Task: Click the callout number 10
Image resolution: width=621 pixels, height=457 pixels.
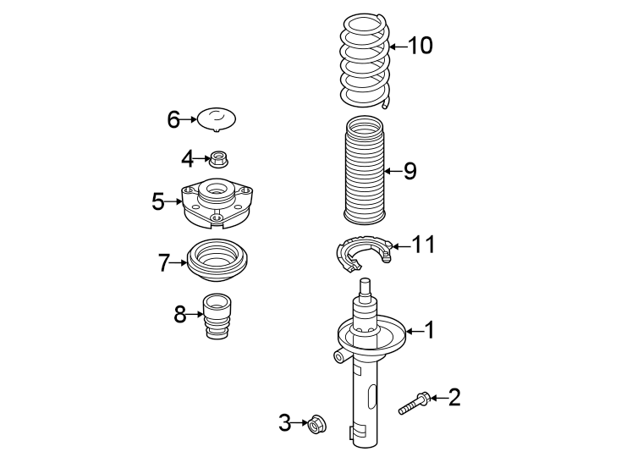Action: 420,46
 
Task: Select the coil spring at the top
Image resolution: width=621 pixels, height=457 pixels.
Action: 365,61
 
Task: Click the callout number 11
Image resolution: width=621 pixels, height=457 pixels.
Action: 423,245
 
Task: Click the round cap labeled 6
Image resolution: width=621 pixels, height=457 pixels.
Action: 217,119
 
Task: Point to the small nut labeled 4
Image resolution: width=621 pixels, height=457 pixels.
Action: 220,157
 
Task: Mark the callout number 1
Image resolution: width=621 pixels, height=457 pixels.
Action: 429,330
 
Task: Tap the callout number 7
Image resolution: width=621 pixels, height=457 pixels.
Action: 164,263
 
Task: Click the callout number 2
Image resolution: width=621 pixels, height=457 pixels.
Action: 454,397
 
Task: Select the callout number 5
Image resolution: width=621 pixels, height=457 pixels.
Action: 158,201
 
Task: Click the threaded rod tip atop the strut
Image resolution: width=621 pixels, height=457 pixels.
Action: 365,285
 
